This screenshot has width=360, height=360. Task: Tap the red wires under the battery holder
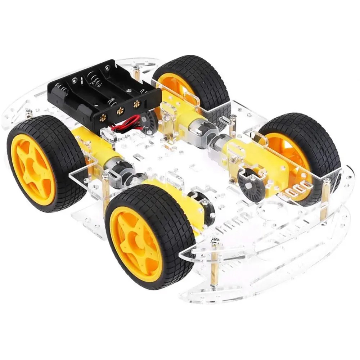click(124, 125)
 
